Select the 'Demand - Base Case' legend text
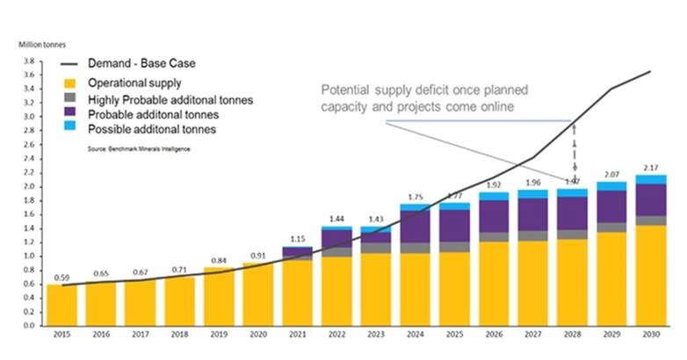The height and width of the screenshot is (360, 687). (x=141, y=65)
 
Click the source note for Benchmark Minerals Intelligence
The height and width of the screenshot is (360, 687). (x=138, y=149)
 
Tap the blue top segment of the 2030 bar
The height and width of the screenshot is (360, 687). (x=651, y=179)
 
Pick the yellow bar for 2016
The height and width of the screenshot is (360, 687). (x=101, y=303)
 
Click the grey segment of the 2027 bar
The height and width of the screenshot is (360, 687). (x=533, y=236)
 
